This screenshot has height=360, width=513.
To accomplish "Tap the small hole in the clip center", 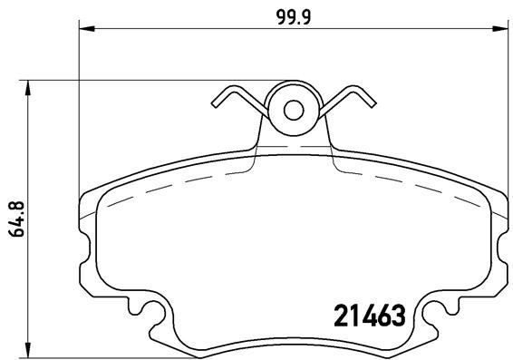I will [293, 110].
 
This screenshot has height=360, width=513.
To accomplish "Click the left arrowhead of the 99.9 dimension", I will [87, 29].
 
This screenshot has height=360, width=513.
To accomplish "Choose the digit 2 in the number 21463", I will [333, 316].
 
